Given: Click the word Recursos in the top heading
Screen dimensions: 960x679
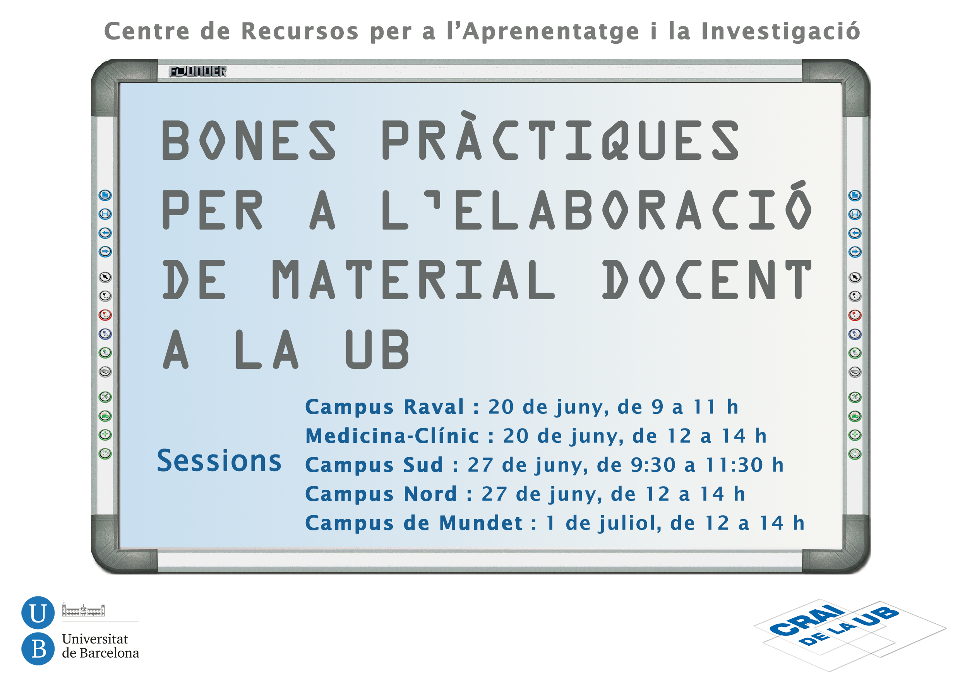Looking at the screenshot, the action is pos(300,31).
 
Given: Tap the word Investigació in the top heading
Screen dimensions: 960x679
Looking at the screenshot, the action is pos(781,31).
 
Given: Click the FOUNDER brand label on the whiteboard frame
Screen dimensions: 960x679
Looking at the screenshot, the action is pos(198,72).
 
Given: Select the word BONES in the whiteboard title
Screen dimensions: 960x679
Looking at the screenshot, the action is pos(249,141).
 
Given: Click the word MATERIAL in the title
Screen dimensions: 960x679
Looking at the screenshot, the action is pos(414,279).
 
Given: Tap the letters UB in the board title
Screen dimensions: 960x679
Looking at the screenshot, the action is pos(377,349).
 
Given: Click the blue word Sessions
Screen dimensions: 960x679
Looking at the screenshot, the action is pos(219,461).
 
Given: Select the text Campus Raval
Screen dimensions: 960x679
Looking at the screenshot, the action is pos(385,407).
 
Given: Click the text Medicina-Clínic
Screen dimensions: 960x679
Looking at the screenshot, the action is pos(392,436).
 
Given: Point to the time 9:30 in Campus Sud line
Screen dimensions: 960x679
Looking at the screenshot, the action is pos(653,465).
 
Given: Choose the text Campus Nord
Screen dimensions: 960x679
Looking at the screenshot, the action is pos(381,494).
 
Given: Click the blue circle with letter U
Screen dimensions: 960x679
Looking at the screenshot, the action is pos(38,613).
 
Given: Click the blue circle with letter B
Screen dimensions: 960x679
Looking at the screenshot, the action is pos(38,649).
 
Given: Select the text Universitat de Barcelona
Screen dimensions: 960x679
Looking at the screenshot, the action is pos(100,646).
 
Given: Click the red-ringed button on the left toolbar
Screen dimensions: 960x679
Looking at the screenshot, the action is pos(105,315).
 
